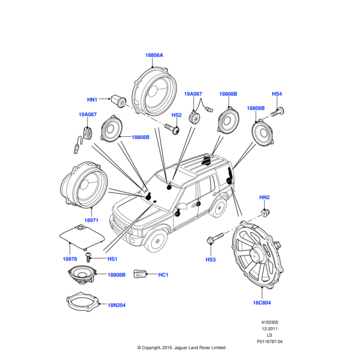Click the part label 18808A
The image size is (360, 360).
[154, 55]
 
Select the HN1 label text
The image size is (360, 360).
[92, 100]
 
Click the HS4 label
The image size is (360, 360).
[277, 94]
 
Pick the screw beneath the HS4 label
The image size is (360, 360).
[277, 110]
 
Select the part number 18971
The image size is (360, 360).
[91, 221]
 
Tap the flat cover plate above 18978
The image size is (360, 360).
[81, 236]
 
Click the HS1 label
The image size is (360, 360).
[112, 259]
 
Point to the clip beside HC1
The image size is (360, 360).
[140, 274]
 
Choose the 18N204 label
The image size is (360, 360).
[116, 305]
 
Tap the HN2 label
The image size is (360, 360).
[265, 197]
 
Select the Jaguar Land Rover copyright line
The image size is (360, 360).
[181, 347]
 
